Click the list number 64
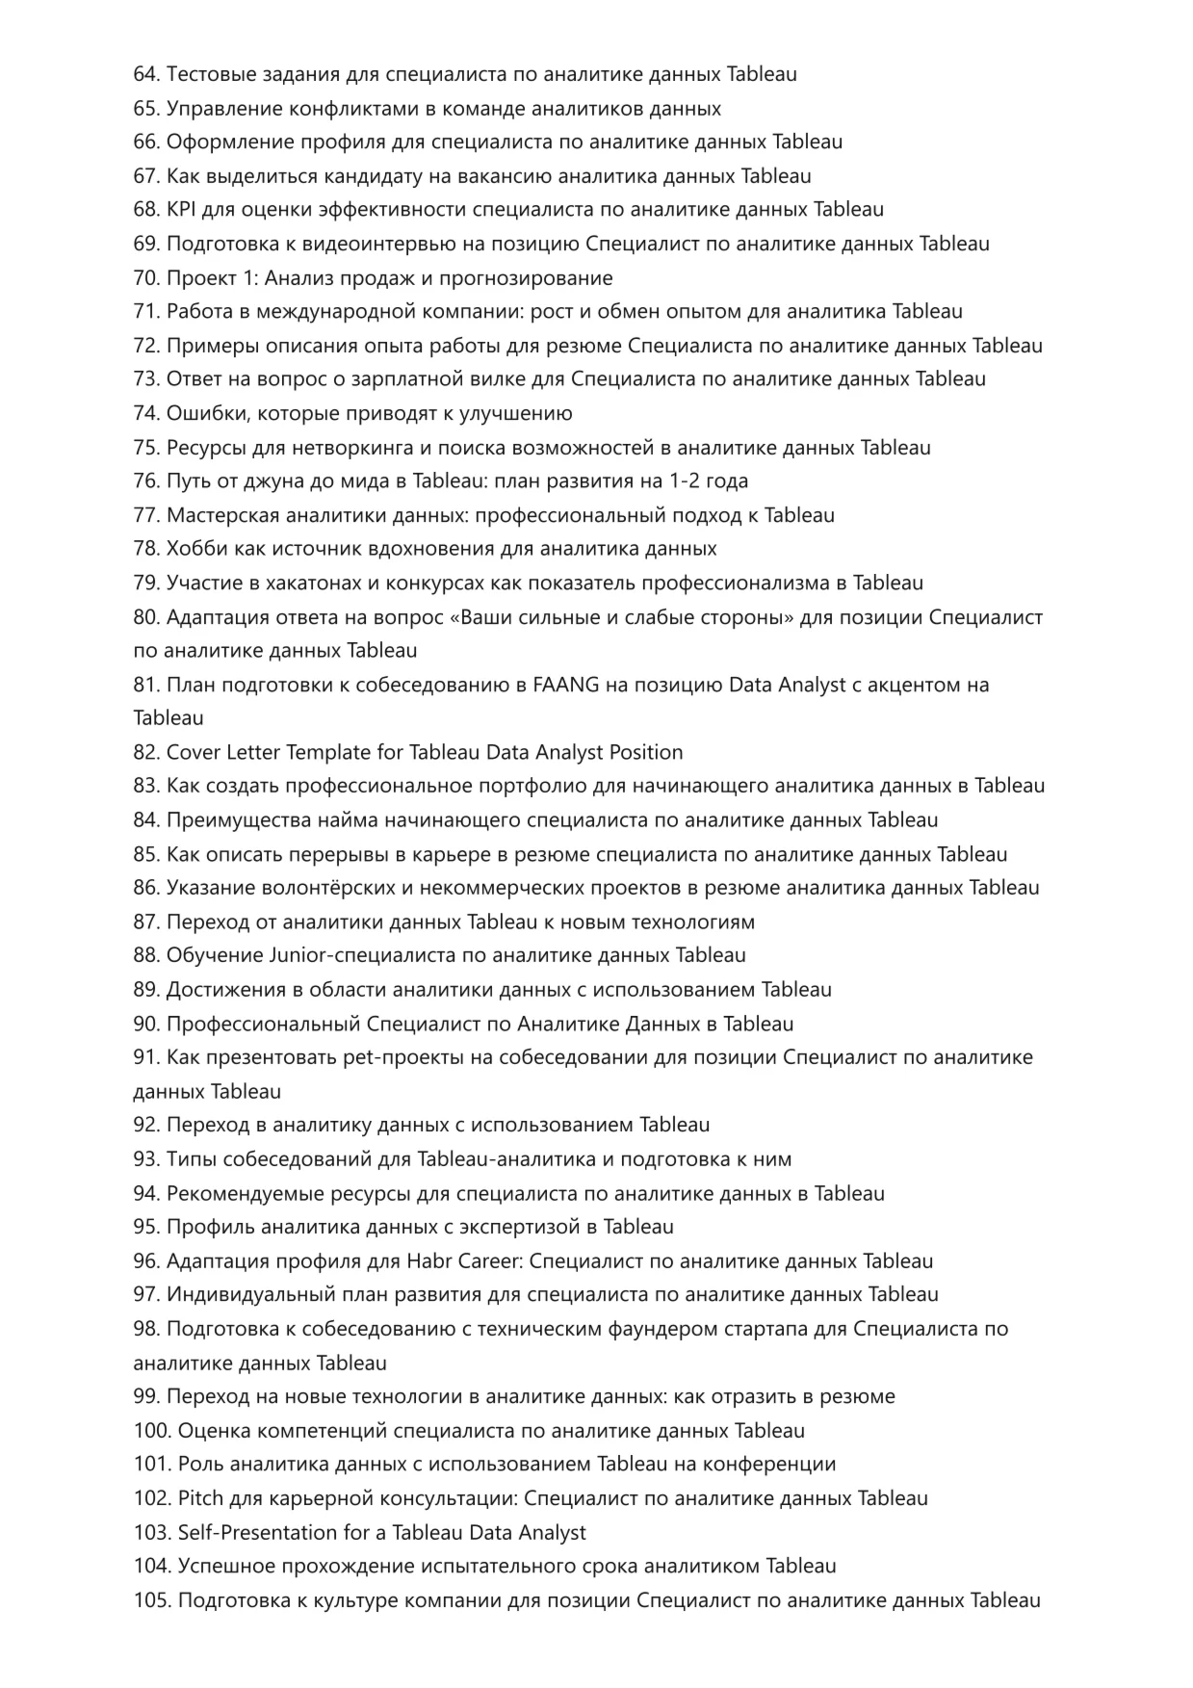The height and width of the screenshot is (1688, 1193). tap(145, 74)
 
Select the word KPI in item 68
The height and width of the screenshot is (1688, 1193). tap(180, 210)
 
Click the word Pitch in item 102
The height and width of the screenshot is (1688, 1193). tap(200, 1498)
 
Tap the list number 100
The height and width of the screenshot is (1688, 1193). tap(151, 1431)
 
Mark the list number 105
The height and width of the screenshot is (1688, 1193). tap(151, 1600)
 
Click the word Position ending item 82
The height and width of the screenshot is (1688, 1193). tap(647, 753)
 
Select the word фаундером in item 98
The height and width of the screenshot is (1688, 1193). tap(656, 1329)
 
